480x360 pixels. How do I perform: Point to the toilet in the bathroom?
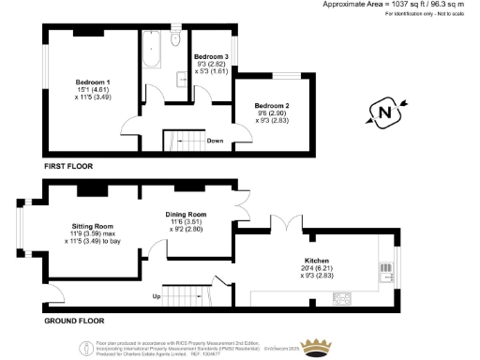pos(174,42)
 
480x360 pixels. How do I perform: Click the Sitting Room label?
pos(92,226)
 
